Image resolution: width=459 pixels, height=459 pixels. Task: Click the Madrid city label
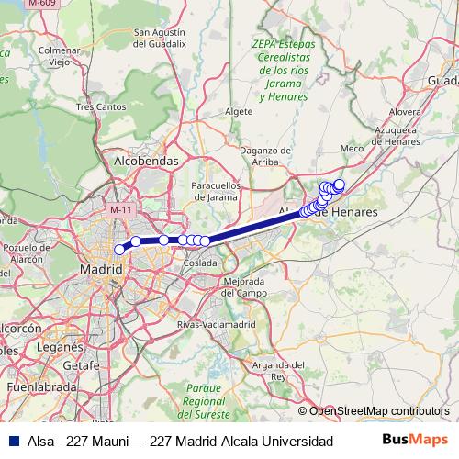pyautogui.click(x=102, y=270)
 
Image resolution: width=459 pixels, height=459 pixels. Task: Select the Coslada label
pyautogui.click(x=199, y=263)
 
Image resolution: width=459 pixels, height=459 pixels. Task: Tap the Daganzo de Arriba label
pyautogui.click(x=263, y=155)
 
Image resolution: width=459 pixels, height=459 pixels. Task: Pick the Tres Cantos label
pyautogui.click(x=100, y=106)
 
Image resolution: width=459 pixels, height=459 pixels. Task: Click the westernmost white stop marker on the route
pyautogui.click(x=119, y=250)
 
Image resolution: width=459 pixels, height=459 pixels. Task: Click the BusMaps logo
pyautogui.click(x=414, y=442)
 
